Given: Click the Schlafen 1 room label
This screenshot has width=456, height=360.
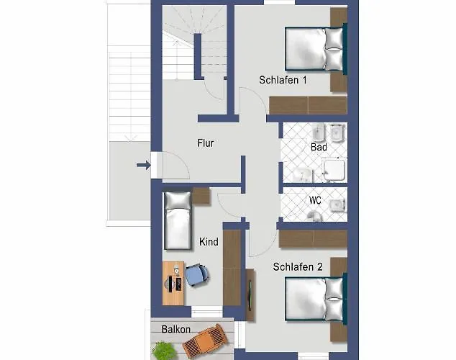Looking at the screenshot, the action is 283,80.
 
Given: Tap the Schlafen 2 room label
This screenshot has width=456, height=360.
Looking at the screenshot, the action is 298,267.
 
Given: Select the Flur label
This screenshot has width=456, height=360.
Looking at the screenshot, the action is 206,143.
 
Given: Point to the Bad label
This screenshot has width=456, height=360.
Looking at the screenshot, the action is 319,147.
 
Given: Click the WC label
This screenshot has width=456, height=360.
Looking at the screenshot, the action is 315,200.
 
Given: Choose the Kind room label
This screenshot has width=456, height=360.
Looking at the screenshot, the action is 209,241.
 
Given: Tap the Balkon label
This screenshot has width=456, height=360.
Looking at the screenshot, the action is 176,329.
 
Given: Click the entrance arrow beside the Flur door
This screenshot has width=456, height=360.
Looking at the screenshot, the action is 143,166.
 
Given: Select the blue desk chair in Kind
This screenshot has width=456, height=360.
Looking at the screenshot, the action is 197,275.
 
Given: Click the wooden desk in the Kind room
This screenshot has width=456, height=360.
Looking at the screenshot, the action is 173,283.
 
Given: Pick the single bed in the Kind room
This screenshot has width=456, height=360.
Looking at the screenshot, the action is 178,220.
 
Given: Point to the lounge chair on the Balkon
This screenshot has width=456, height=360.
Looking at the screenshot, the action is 205,341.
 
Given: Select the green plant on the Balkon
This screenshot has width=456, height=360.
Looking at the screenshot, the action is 164,351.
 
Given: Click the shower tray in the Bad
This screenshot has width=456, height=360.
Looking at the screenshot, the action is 334,170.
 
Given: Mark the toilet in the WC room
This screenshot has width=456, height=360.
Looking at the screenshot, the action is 314,216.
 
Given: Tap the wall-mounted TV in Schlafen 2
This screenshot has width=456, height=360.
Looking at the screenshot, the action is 250,294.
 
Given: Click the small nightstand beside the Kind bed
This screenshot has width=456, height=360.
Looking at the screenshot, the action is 201,196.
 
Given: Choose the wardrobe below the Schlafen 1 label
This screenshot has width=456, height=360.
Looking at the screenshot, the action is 308,105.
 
